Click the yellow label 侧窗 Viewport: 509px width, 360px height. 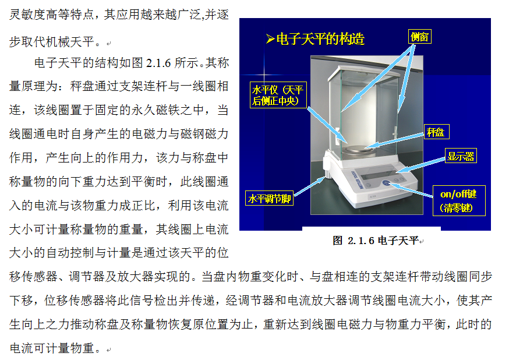pos(419,37)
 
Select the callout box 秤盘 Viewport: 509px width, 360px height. pos(437,132)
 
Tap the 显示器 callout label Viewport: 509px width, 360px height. pos(461,156)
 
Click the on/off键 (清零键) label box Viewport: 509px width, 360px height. pos(459,200)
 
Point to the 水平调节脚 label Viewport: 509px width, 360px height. pos(270,198)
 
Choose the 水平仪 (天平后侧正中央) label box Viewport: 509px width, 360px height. pos(278,95)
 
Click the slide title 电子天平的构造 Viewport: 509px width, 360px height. pos(320,39)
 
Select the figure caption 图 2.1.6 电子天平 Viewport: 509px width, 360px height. pos(376,241)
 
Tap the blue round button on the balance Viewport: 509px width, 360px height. pos(386,182)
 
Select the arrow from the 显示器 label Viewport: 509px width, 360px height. pos(420,165)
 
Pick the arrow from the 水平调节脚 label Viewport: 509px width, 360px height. pos(309,186)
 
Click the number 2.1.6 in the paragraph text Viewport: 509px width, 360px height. pos(158,63)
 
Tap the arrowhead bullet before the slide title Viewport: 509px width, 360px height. pos(270,39)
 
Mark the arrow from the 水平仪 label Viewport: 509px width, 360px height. pos(327,126)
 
